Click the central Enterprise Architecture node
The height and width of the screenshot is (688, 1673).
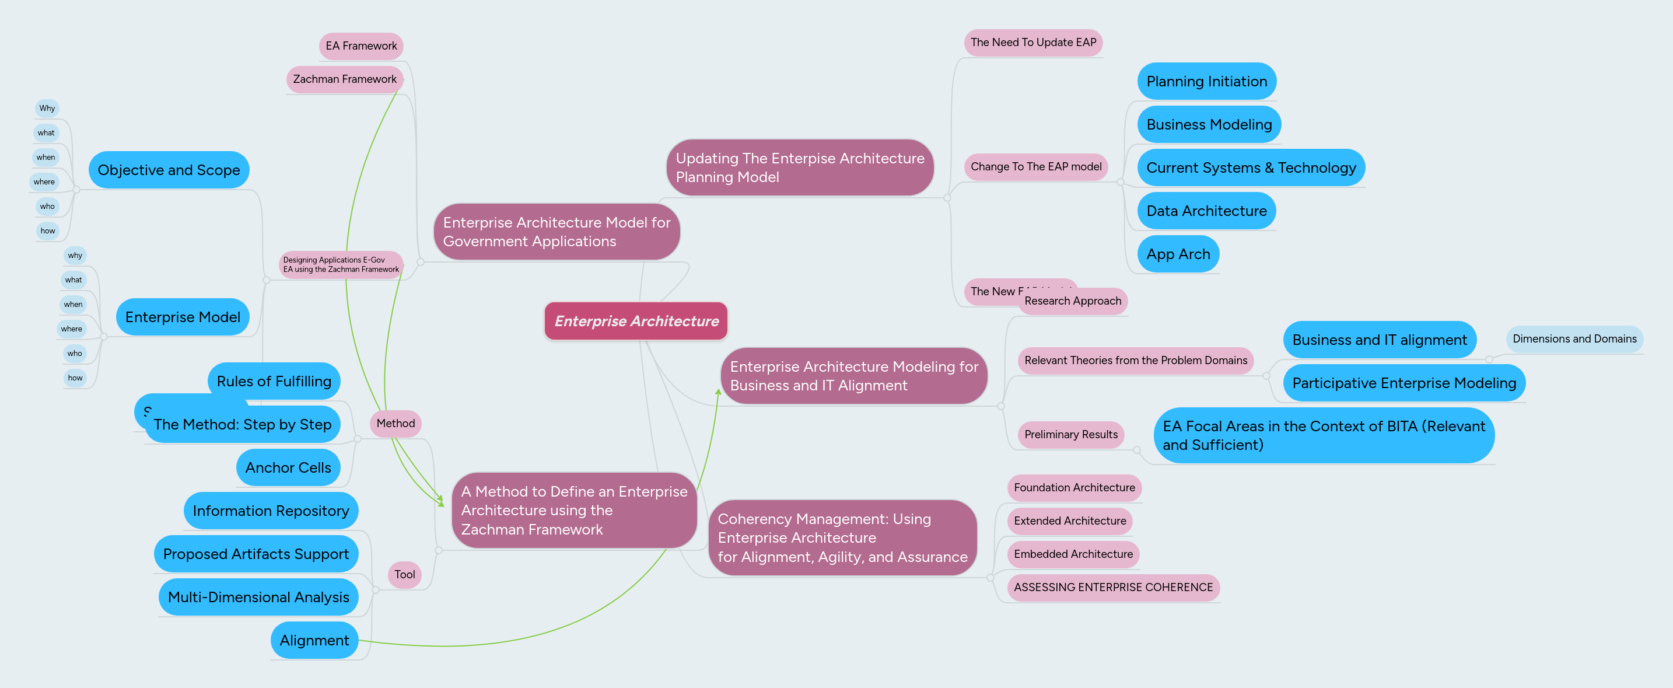point(636,321)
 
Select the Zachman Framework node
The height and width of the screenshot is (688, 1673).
point(344,79)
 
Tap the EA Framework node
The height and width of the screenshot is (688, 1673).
point(361,46)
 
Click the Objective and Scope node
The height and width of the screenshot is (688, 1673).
point(169,170)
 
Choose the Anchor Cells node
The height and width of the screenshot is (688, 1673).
point(288,468)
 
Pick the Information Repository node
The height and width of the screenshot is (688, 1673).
point(271,511)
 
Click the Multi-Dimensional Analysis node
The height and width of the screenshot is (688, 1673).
point(258,597)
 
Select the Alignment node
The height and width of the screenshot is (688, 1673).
point(314,641)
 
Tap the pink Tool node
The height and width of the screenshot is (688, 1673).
point(404,574)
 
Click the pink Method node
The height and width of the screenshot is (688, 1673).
point(395,424)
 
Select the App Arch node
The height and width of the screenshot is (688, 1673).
point(1178,254)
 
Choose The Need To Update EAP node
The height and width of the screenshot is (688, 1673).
point(1033,42)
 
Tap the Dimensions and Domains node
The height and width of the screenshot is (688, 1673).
point(1574,339)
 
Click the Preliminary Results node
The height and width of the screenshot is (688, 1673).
point(1071,435)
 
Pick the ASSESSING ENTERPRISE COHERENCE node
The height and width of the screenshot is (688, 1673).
point(1113,587)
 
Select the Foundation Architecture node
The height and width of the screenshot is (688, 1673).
point(1074,488)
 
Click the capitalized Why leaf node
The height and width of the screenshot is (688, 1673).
point(47,109)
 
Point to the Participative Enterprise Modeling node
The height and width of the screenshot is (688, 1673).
point(1404,383)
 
